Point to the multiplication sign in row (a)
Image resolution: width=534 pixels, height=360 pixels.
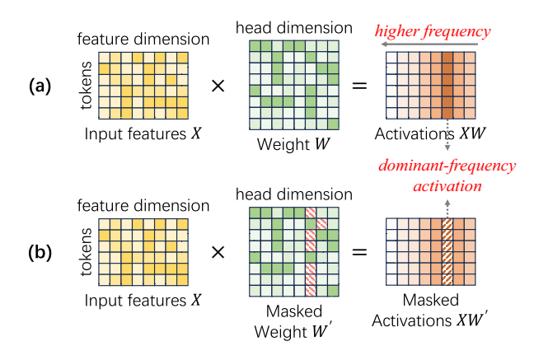[218, 86]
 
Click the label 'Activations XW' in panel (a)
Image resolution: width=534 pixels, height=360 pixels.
[426, 133]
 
